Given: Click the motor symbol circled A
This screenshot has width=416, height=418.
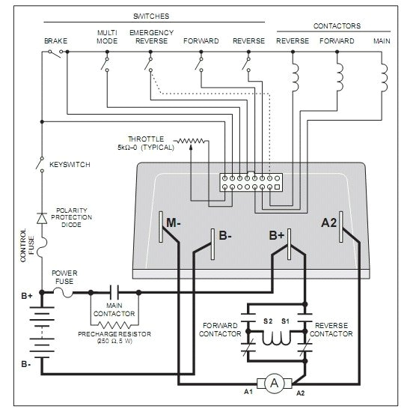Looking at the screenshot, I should pos(275,384).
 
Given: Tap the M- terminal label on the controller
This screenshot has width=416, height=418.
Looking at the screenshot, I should pos(174,222).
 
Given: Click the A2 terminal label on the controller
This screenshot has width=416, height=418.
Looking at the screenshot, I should pos(329,222).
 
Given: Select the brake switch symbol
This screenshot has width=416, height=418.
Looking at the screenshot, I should pos(53,52).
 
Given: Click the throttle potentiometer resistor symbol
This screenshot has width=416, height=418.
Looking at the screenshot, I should pos(192,140).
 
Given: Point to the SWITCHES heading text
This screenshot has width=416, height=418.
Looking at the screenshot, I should pos(150,14).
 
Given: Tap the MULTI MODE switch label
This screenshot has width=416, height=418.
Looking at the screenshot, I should pos(107,37).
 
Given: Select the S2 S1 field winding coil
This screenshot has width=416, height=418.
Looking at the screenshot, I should pos(275,336).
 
